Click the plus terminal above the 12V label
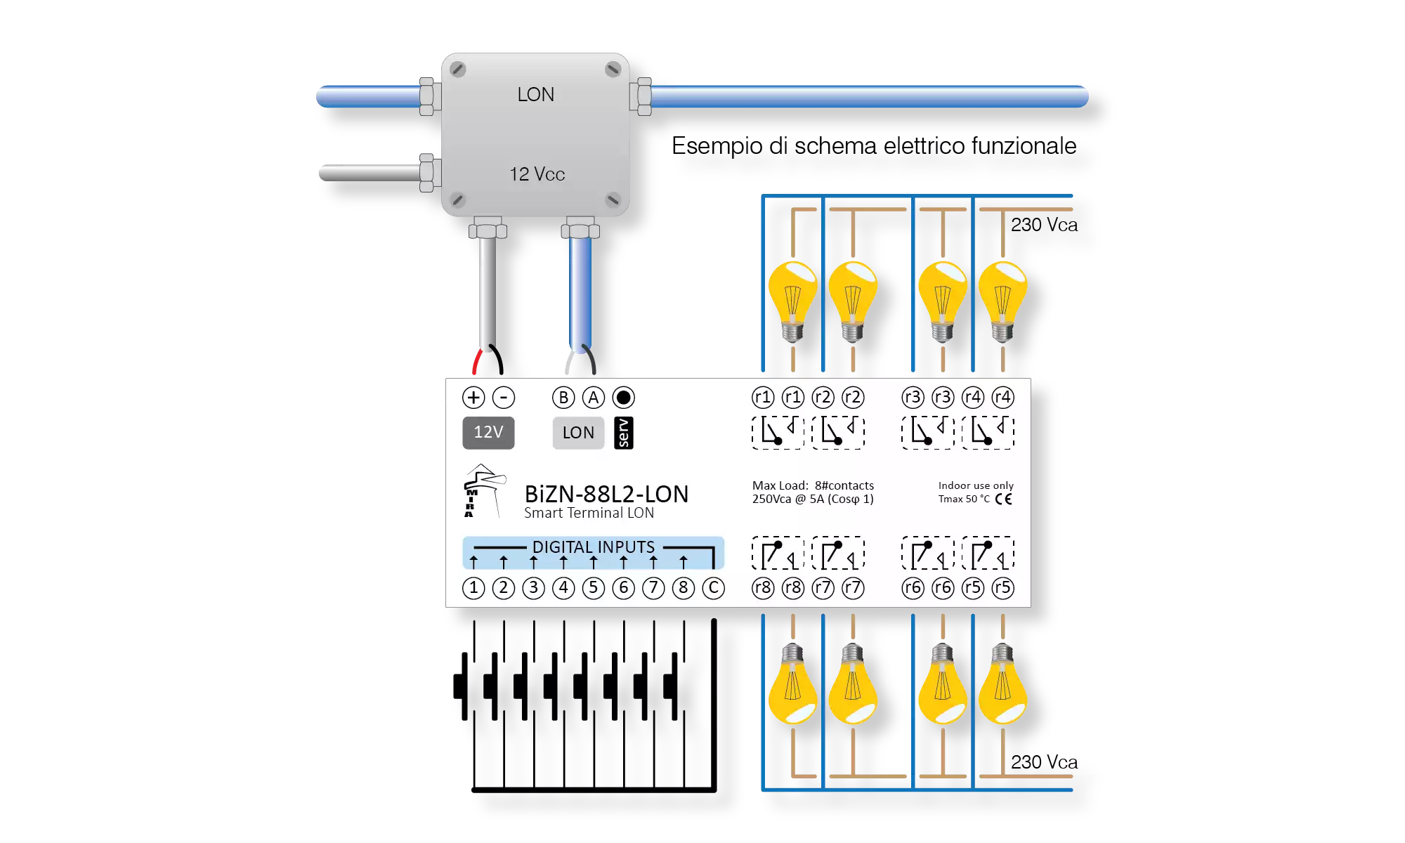(x=473, y=398)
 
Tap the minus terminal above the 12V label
(x=504, y=398)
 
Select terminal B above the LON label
(x=563, y=398)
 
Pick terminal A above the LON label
(x=594, y=398)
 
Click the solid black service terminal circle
(x=623, y=398)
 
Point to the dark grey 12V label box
(x=488, y=433)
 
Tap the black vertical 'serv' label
(x=623, y=433)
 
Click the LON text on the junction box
(x=535, y=94)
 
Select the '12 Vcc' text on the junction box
(x=537, y=174)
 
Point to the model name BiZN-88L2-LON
(x=606, y=494)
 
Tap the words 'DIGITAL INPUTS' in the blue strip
(x=594, y=547)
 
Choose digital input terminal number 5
(x=594, y=587)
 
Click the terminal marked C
(x=713, y=587)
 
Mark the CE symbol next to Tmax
(x=1004, y=499)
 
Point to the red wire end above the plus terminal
(x=477, y=361)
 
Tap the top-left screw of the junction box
(x=458, y=69)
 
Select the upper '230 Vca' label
(x=1044, y=225)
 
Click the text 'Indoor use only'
(x=976, y=485)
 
